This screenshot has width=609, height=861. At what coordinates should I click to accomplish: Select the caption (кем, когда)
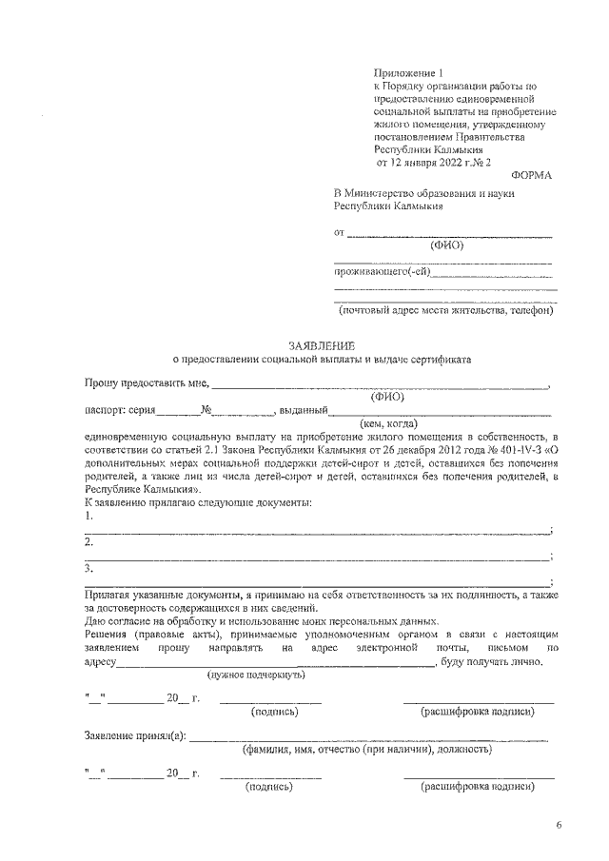[388, 423]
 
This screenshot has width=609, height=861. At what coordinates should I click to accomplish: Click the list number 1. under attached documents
[88, 515]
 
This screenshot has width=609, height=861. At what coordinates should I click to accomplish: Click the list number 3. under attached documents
[88, 569]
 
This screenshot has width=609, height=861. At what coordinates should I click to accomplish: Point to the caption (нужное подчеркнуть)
[256, 675]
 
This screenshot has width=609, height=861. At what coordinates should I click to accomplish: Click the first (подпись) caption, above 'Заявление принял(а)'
[274, 712]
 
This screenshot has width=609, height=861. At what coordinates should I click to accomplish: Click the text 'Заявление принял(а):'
[135, 736]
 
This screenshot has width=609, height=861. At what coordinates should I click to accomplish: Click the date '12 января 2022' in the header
[429, 162]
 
